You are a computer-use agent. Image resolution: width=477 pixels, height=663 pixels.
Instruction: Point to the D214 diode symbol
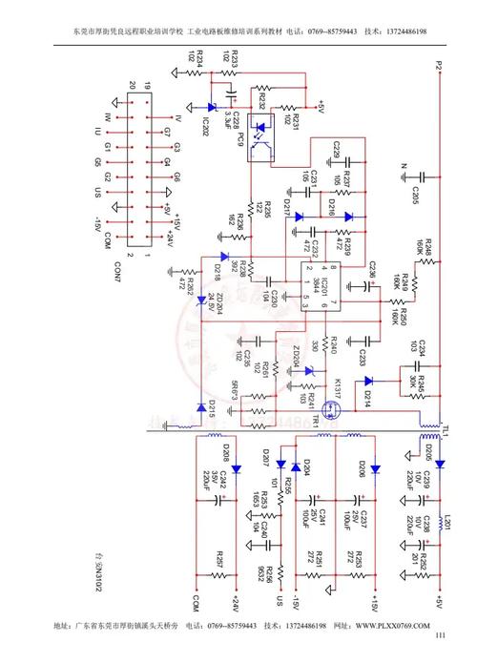(x=368, y=381)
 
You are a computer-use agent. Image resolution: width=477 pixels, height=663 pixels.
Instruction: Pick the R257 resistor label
(x=219, y=561)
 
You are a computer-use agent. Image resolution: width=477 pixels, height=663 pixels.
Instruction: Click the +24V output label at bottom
(x=232, y=605)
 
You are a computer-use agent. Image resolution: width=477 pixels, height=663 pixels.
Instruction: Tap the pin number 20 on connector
(x=132, y=85)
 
